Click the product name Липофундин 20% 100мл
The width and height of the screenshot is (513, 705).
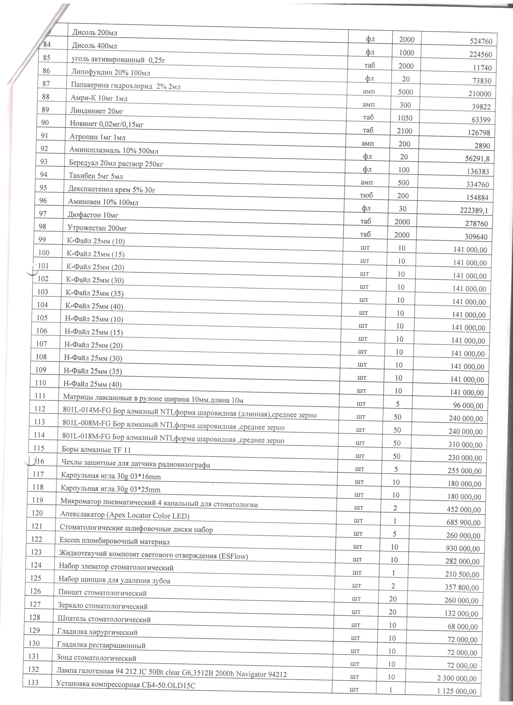110,73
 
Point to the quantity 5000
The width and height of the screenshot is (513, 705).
406,92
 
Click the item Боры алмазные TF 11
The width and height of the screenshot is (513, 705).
96,450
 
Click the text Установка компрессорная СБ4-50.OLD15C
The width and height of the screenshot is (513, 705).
126,684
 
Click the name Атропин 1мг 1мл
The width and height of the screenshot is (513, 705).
97,137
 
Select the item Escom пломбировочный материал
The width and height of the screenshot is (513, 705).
114,541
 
